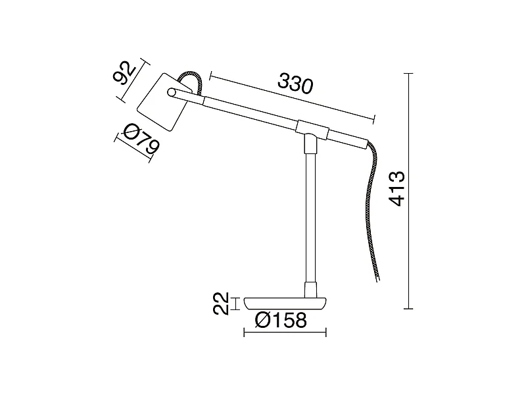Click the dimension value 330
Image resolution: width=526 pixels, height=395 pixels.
294,84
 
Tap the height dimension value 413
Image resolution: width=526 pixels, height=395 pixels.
396,189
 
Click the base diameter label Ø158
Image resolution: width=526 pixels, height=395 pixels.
281,321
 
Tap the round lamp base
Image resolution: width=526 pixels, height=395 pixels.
285,303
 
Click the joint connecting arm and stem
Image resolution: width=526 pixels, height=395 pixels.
310,130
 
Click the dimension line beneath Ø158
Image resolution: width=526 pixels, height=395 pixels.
285,332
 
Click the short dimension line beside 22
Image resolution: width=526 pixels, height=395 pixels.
237,303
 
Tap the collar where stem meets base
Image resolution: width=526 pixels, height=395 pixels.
309,290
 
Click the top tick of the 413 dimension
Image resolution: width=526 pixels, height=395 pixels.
410,73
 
